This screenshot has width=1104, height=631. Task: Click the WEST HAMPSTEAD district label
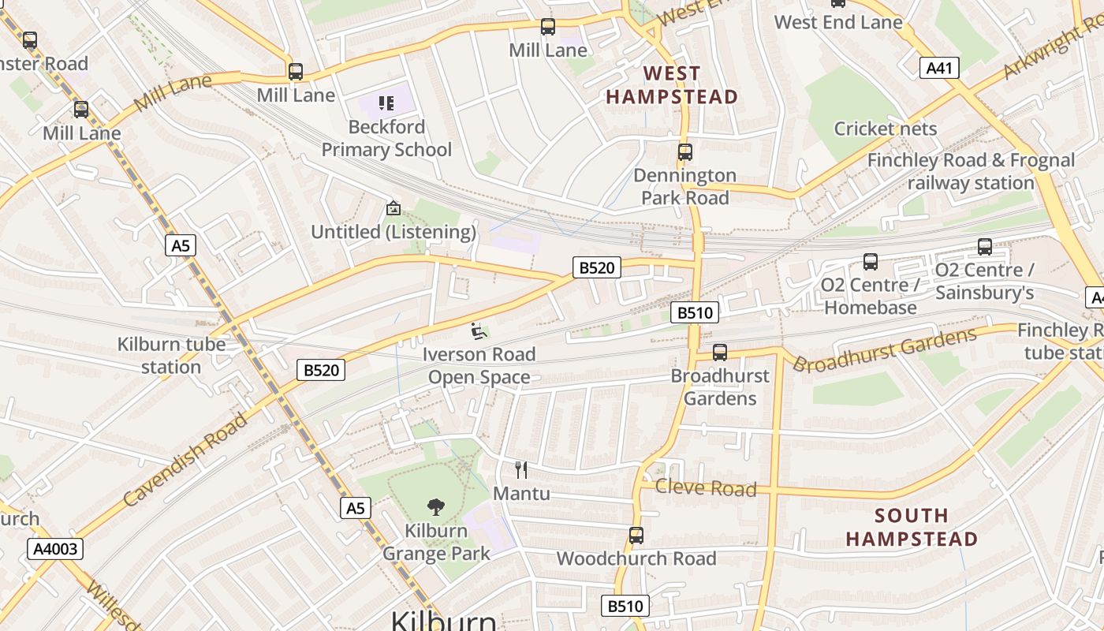[x=671, y=85]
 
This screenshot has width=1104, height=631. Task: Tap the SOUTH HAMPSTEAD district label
[x=912, y=528]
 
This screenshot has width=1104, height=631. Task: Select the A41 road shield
[x=939, y=68]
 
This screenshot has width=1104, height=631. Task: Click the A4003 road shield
[x=55, y=548]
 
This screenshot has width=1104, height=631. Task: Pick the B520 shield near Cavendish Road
[x=321, y=370]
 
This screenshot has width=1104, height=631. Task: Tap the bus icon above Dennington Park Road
[x=684, y=152]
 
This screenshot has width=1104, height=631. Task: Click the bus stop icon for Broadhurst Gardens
[x=719, y=353]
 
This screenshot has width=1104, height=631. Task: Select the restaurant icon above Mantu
[x=520, y=470]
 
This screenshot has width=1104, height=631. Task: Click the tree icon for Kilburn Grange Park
[x=435, y=507]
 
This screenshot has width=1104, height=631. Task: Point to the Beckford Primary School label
[x=386, y=138]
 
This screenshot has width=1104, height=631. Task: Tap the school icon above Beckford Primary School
[x=386, y=103]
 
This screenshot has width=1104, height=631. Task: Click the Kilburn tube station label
[x=171, y=356]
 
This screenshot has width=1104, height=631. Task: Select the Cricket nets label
[x=885, y=129]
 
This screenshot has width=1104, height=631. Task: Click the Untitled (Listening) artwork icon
[x=393, y=209]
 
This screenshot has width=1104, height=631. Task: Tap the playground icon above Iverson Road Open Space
[x=478, y=331]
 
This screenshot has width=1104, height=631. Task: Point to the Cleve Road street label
[x=705, y=488]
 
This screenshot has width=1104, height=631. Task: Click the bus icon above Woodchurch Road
[x=636, y=536]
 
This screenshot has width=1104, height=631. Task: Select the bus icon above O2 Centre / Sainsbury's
[x=984, y=247]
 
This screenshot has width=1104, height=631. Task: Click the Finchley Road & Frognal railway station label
[x=971, y=171]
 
